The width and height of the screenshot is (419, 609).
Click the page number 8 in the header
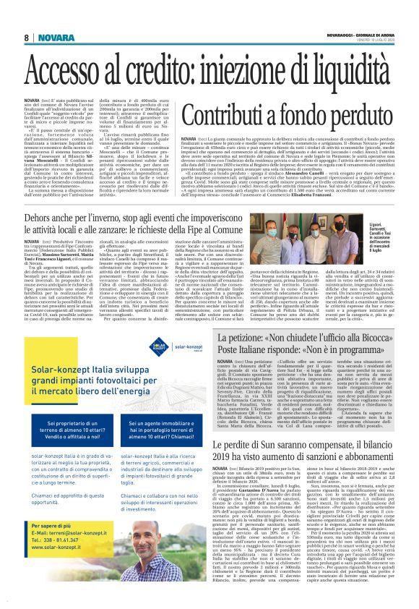pos(26,38)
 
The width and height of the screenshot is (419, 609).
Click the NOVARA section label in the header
pos(52,38)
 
